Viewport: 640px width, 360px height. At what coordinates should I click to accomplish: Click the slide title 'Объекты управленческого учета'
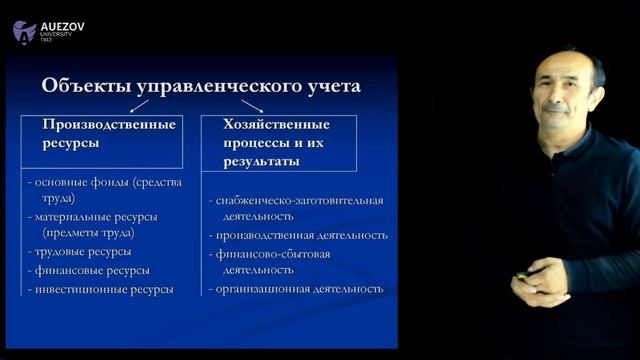pyautogui.click(x=201, y=86)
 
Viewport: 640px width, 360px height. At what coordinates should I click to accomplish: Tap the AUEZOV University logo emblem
pyautogui.click(x=24, y=31)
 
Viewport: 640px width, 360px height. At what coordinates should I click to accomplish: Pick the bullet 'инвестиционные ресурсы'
pyautogui.click(x=104, y=289)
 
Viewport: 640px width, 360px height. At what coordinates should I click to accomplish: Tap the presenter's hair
pyautogui.click(x=570, y=62)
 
